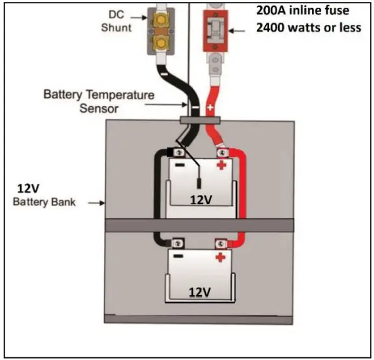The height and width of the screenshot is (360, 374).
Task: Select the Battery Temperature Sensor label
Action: point(99,101)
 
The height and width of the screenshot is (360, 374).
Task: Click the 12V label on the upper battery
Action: point(202,200)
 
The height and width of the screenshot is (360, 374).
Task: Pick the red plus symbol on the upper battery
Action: point(222,165)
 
